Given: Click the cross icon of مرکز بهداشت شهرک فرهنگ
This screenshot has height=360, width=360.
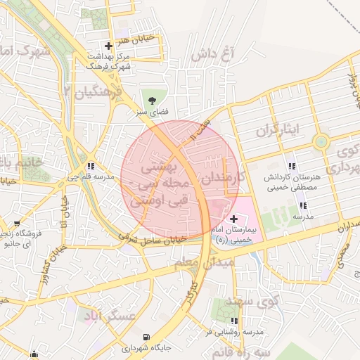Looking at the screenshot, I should click(107, 44).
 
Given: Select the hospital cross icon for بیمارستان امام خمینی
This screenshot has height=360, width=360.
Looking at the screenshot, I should click(234, 219).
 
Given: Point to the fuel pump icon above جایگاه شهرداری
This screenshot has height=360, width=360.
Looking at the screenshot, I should click(146, 337).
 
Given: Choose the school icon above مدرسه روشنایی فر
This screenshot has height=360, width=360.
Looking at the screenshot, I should click(234, 321).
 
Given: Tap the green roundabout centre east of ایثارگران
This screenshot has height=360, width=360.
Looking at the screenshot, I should click(321, 141).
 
